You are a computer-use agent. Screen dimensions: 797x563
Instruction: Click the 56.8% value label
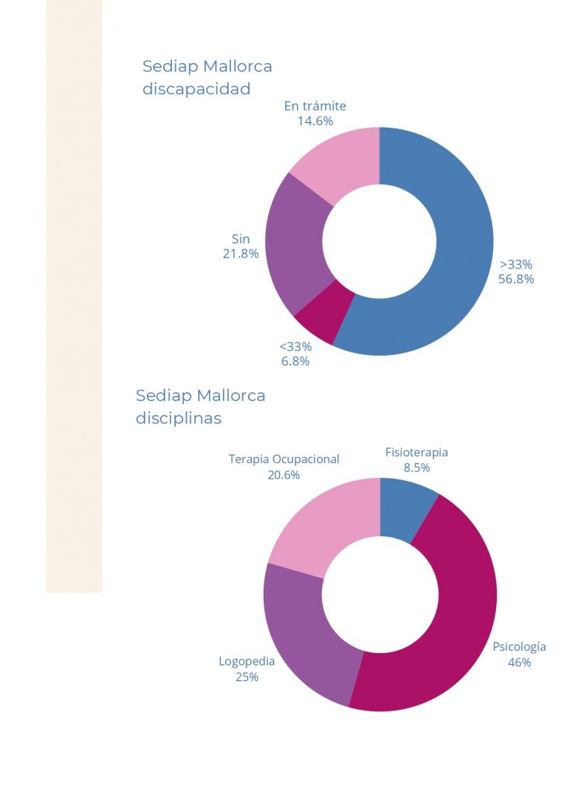[x=516, y=279]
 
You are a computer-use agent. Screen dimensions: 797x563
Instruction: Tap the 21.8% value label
[x=240, y=254]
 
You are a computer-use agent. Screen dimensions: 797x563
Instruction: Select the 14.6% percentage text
[x=315, y=121]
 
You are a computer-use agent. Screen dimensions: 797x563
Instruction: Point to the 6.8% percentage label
[x=295, y=361]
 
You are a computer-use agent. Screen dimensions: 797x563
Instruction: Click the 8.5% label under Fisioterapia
[x=417, y=468]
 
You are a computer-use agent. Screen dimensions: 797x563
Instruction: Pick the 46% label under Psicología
[x=519, y=662]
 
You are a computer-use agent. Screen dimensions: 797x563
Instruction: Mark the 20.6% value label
[x=284, y=475]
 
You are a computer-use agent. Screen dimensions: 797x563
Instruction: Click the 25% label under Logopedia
[x=247, y=677]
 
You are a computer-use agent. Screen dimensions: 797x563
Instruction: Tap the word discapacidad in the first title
[x=197, y=89]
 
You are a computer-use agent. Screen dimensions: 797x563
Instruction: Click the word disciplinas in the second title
[x=179, y=418]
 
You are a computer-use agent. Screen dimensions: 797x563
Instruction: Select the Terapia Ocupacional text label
[x=284, y=459]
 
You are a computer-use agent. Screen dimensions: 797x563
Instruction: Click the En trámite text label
[x=315, y=106]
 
